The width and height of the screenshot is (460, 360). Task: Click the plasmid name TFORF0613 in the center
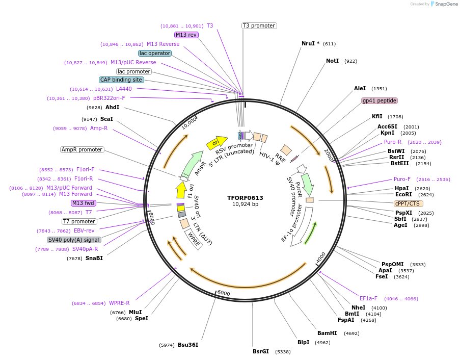(x=245, y=197)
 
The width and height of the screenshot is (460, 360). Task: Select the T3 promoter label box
(x=259, y=25)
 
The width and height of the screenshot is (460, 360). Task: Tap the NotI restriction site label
(x=332, y=61)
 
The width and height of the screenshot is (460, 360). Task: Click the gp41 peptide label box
(x=379, y=100)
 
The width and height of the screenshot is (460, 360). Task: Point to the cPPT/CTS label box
(x=408, y=203)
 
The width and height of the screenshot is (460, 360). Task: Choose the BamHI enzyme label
(x=327, y=333)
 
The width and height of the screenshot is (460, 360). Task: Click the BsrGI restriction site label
(x=260, y=351)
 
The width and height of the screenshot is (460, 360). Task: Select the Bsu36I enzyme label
(x=188, y=345)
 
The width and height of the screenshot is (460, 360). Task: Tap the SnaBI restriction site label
(x=94, y=258)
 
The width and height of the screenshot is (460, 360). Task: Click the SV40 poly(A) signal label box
(x=74, y=240)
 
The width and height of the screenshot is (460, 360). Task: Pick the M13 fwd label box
(x=84, y=203)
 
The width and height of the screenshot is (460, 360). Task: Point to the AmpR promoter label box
(x=82, y=149)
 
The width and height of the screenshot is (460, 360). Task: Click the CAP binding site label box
(x=121, y=80)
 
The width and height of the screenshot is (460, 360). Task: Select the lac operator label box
(x=155, y=53)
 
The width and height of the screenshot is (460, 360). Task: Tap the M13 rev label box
(x=186, y=35)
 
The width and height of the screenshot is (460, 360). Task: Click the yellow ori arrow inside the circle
(x=216, y=142)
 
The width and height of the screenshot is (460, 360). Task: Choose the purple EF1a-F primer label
(x=368, y=298)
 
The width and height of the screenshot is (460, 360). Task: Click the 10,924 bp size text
(x=245, y=204)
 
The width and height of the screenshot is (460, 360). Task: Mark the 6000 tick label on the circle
(x=224, y=293)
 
